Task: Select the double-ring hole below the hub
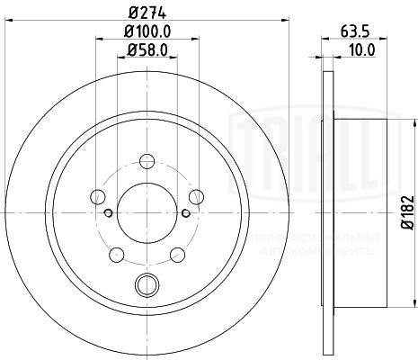tap(145, 286)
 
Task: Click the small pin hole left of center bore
tap(107, 213)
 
